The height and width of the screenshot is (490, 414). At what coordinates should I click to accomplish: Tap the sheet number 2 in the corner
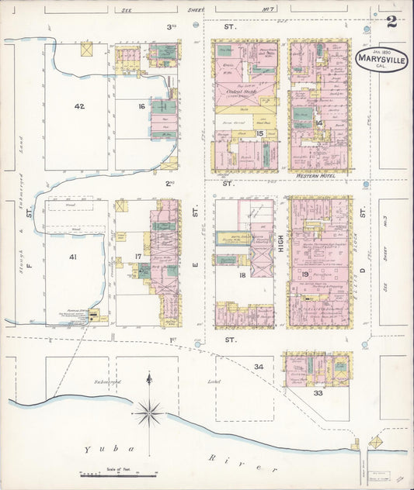click(391, 22)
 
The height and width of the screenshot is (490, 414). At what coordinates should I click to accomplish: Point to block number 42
click(79, 106)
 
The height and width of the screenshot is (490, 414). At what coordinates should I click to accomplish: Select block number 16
click(141, 106)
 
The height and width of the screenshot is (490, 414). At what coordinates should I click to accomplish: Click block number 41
click(73, 257)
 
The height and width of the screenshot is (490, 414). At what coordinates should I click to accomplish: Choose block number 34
click(259, 366)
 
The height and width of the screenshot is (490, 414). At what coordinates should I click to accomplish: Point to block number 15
click(260, 133)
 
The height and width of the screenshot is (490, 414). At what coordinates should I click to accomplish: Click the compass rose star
click(148, 412)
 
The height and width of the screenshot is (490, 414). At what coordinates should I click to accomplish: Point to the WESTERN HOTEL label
click(320, 177)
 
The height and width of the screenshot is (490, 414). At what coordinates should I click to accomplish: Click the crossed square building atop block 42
click(86, 50)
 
